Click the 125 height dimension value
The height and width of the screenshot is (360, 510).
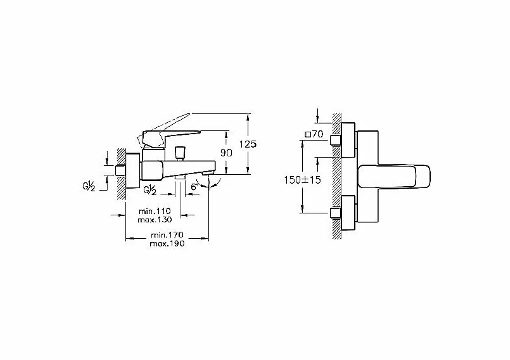click(247, 144)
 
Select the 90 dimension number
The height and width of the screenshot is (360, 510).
click(226, 152)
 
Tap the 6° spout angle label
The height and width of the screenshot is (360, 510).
click(194, 187)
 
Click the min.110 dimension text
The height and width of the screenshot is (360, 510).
click(155, 211)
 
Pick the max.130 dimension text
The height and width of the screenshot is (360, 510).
click(155, 220)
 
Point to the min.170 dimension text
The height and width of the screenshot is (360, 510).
click(167, 235)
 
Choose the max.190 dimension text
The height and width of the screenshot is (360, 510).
click(167, 243)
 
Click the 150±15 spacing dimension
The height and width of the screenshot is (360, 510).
click(302, 180)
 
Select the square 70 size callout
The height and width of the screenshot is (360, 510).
click(314, 134)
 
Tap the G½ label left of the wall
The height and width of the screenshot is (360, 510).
click(88, 186)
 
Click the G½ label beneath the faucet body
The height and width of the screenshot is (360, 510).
click(149, 190)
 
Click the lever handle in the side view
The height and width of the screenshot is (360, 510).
click(171, 137)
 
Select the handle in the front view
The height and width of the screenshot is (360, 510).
click(394, 176)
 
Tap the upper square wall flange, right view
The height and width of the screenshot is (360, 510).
click(348, 140)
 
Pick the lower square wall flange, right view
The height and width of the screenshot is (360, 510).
click(348, 213)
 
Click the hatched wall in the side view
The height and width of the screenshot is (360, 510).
click(121, 174)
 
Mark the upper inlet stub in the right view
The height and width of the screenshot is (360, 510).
click(336, 140)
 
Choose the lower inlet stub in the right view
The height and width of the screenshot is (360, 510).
click(336, 213)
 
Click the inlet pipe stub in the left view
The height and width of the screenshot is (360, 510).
click(121, 171)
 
